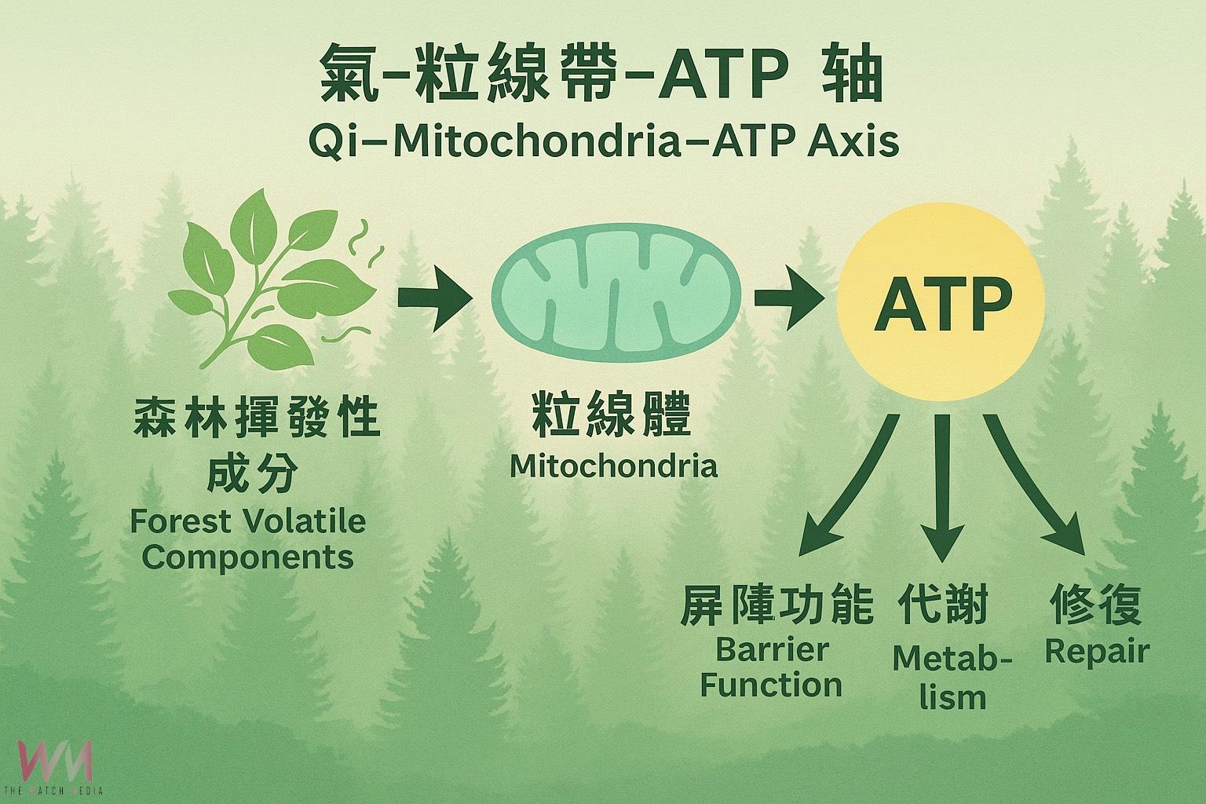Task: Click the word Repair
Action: coord(1096,651)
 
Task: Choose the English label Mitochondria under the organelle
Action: coord(613,466)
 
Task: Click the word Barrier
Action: coord(773,649)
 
